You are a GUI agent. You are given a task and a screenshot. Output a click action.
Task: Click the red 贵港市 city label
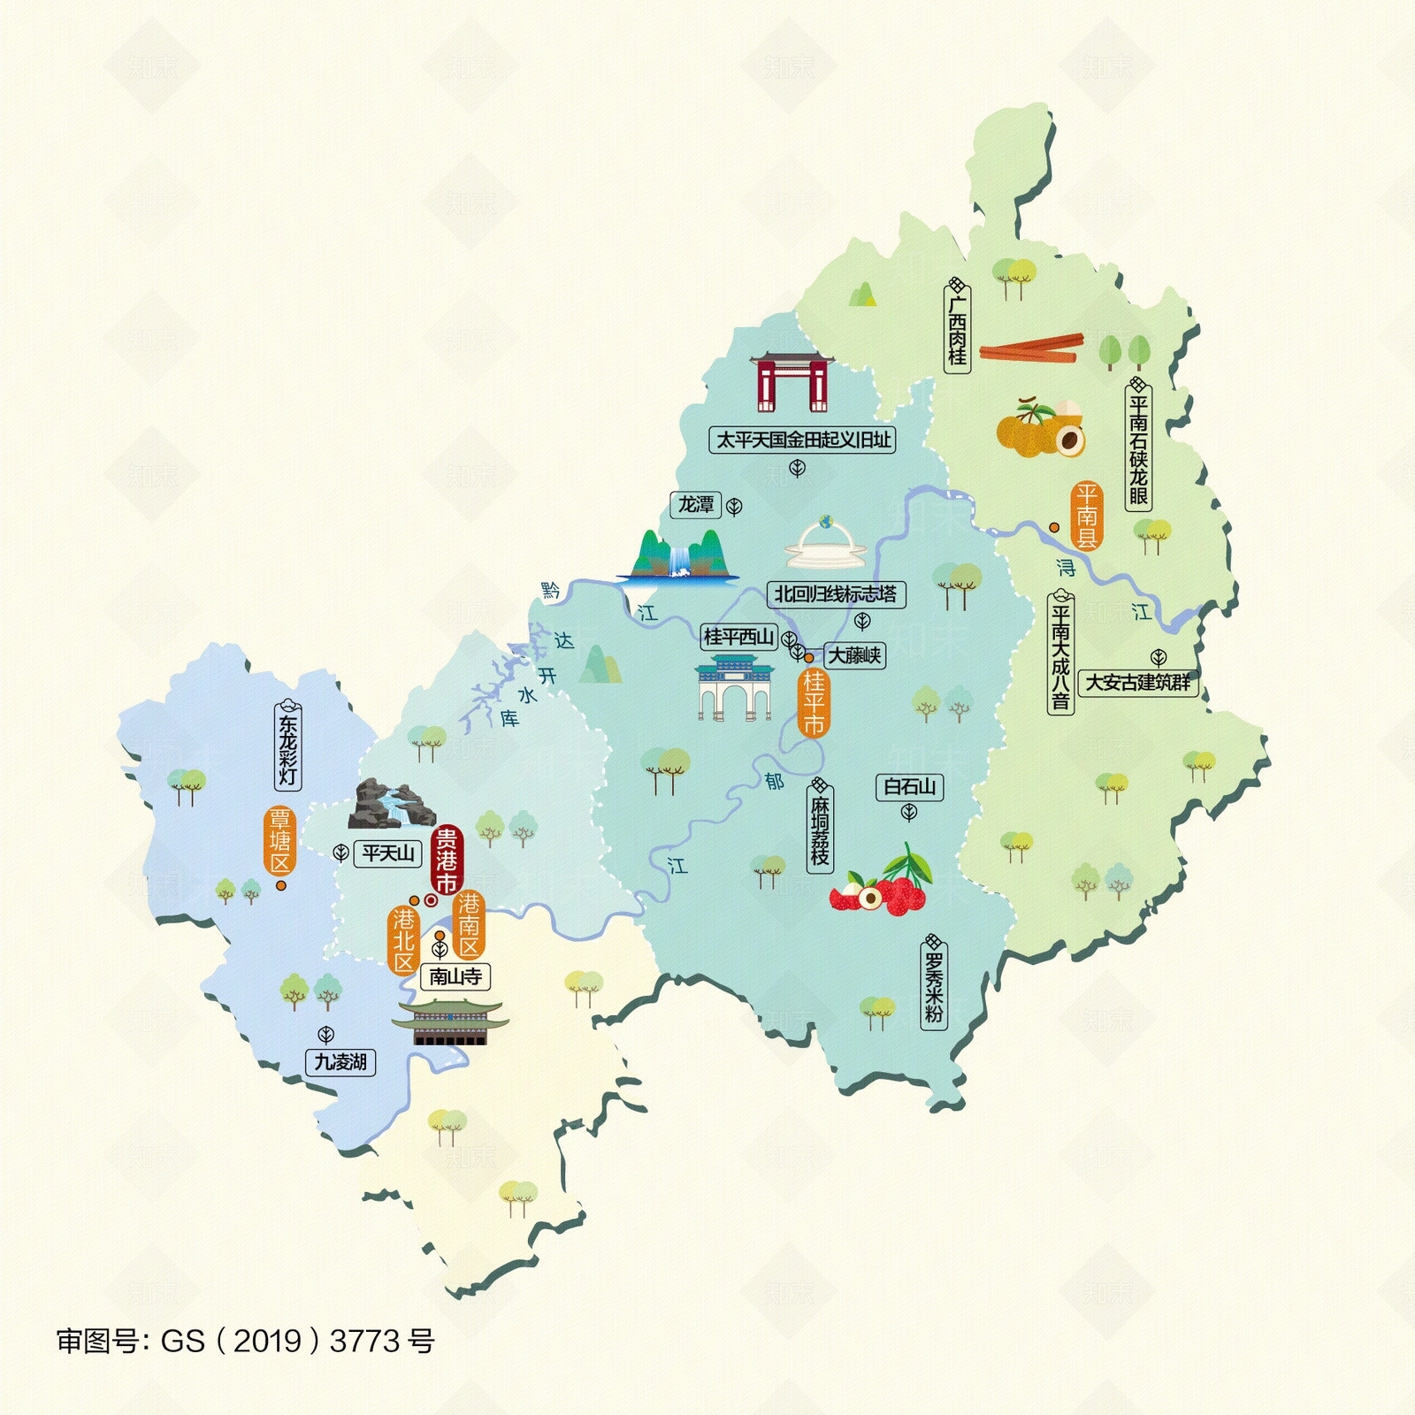447,860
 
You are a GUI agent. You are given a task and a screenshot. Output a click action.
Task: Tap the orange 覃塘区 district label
280,840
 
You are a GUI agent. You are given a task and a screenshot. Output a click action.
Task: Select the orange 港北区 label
404,940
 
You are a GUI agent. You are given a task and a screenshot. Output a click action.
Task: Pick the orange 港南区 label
469,925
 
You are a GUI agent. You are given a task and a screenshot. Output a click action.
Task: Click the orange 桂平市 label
814,703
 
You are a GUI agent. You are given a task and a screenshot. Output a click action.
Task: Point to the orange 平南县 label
1086,516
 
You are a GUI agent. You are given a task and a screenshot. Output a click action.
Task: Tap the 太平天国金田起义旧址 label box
802,440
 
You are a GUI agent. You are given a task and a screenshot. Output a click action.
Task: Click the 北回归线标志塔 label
836,594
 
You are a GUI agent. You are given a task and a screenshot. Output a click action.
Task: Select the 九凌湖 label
340,1061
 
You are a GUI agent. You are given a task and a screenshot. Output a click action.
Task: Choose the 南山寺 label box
455,976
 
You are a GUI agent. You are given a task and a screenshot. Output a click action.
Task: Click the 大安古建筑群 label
1137,683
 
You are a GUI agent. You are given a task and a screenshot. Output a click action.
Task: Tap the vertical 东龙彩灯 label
288,746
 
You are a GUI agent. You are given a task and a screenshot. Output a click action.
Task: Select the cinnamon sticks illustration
1031,348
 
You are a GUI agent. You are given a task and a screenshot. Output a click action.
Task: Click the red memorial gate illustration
792,382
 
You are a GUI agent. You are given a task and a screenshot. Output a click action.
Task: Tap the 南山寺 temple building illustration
450,1024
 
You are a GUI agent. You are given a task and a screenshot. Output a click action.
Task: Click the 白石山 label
909,786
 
